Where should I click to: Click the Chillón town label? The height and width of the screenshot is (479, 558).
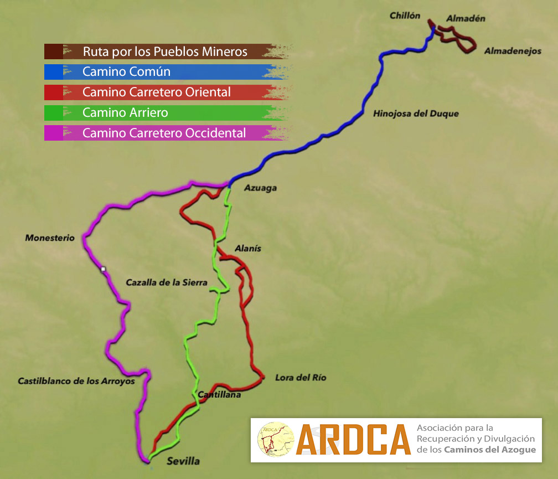click(x=405, y=16)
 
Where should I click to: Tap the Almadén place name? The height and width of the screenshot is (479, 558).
click(x=466, y=18)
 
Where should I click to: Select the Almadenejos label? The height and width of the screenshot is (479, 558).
click(x=512, y=51)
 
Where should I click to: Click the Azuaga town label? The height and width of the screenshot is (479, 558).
click(x=260, y=188)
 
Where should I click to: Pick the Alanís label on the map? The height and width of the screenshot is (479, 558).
click(x=247, y=249)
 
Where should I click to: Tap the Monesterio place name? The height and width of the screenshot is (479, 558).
click(x=50, y=238)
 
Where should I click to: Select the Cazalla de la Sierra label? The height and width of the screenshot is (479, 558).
click(x=167, y=282)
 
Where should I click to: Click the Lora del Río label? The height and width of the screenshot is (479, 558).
click(x=301, y=378)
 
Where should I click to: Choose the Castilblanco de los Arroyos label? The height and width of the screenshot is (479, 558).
click(x=76, y=381)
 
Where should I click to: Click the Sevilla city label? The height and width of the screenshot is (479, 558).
click(x=183, y=461)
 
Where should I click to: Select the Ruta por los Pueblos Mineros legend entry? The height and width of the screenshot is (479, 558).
click(x=164, y=52)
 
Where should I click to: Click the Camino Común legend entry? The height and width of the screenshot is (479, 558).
click(x=126, y=72)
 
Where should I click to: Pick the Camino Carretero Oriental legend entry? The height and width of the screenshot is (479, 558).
click(x=156, y=92)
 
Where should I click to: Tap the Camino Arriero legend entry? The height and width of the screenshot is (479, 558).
click(x=125, y=113)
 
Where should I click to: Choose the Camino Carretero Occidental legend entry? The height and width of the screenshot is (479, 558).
click(x=164, y=133)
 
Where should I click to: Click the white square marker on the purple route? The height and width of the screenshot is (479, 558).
click(x=102, y=270)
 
